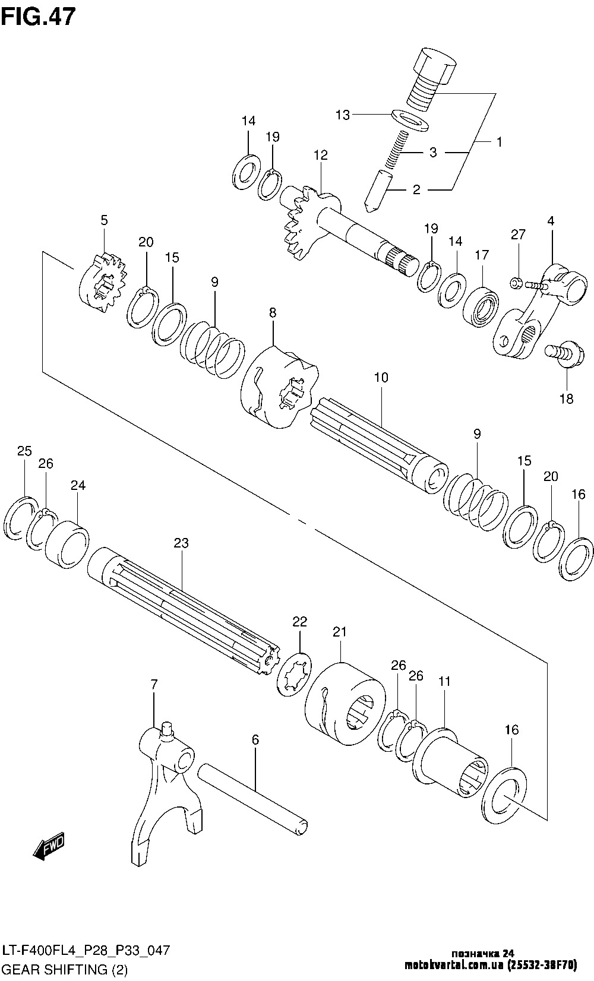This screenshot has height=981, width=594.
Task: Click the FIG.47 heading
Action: click(x=38, y=16)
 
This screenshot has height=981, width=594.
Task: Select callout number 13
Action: click(x=343, y=115)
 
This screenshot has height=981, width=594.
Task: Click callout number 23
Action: click(x=181, y=542)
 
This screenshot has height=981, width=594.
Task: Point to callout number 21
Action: click(x=339, y=631)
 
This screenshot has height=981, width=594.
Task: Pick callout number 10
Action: click(x=381, y=376)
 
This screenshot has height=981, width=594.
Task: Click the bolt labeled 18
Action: click(x=561, y=354)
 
